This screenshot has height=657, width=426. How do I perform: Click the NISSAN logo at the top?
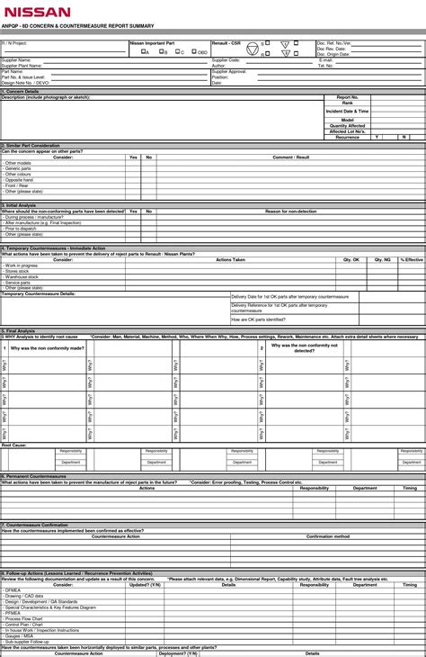[36, 13]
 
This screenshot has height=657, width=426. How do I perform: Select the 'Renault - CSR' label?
[226, 42]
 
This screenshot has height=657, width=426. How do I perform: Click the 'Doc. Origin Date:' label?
[333, 54]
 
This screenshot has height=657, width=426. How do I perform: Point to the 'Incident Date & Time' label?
[347, 111]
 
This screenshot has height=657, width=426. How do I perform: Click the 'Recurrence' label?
[347, 137]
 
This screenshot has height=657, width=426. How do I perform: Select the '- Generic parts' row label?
[18, 168]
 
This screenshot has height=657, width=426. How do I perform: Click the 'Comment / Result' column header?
[290, 157]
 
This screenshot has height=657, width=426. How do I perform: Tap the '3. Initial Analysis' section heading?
[20, 205]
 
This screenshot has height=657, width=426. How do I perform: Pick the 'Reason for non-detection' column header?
[290, 211]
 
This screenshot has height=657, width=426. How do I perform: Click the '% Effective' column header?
[412, 259]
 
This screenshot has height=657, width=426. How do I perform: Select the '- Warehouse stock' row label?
[21, 276]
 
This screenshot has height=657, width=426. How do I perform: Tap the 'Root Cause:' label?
[13, 445]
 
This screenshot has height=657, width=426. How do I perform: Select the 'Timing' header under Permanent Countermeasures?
[410, 488]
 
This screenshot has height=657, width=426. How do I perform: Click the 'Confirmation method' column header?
[328, 536]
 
